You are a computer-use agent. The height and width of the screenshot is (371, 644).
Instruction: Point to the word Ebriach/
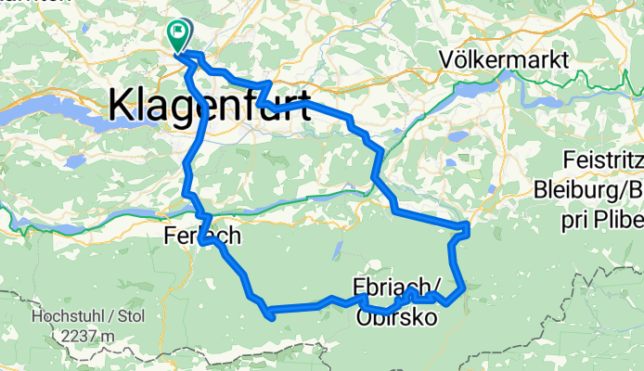click(397, 285)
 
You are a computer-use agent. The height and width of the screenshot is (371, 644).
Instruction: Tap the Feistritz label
click(603, 160)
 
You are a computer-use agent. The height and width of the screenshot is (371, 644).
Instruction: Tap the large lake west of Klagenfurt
click(56, 120)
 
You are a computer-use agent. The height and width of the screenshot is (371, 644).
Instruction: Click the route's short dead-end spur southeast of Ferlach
click(269, 317)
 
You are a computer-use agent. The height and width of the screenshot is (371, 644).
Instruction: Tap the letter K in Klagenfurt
click(123, 105)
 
